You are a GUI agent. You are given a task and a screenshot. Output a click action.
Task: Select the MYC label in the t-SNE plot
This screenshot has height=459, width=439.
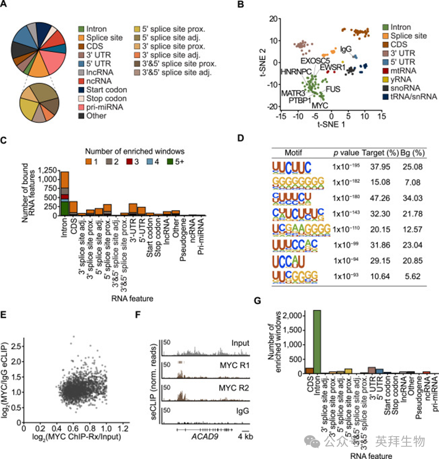point(319,106)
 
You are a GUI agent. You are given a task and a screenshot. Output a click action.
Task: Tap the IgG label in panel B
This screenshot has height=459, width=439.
point(346,49)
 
